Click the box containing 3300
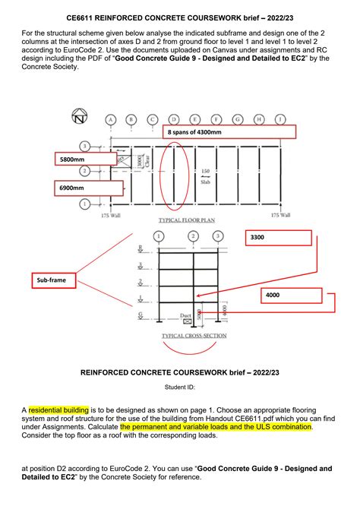coord(279,238)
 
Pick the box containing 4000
coord(291,296)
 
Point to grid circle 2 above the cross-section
coord(195,236)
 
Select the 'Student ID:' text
coord(179,387)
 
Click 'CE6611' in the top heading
coord(83,14)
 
